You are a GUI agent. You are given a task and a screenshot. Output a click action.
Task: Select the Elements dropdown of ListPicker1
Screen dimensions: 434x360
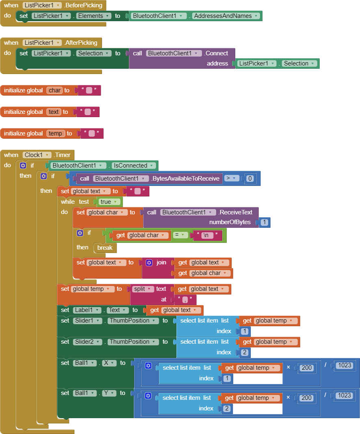(x=94, y=16)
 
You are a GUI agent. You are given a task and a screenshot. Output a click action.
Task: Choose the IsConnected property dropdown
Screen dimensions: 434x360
(x=134, y=166)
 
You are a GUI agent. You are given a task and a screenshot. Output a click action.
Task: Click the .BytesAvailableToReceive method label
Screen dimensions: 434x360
(x=185, y=179)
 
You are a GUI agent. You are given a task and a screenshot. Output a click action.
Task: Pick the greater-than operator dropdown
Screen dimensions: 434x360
(x=232, y=178)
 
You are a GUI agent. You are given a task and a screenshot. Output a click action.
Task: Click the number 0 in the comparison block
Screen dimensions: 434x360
(x=250, y=179)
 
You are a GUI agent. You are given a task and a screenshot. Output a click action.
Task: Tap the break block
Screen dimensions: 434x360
(x=105, y=247)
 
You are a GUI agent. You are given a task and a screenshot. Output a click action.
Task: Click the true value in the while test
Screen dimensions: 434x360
(x=110, y=202)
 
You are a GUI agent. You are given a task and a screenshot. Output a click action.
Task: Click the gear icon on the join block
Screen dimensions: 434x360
(x=149, y=263)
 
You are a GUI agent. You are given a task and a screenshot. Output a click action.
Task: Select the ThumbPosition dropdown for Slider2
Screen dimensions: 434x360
(x=133, y=342)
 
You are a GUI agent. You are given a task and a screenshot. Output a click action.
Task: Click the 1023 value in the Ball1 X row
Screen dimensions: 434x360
(x=344, y=365)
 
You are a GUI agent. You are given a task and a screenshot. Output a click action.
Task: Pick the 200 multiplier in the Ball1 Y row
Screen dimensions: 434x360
(x=306, y=398)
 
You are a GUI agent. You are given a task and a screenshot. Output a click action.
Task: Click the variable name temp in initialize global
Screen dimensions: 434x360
(x=55, y=133)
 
